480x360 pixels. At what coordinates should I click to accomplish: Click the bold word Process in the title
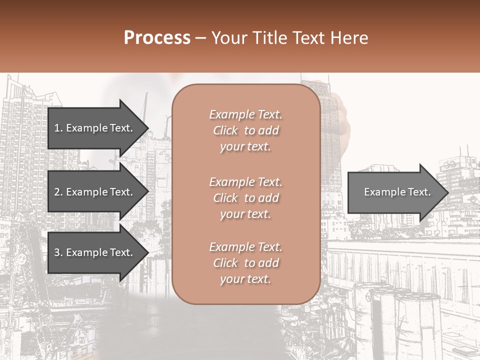point(157,38)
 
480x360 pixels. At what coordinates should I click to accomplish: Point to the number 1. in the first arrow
point(58,128)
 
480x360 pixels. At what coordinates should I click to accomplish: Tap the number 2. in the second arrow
point(58,192)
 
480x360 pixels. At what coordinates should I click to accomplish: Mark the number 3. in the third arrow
point(58,252)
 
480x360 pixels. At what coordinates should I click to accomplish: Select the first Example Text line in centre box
point(245,114)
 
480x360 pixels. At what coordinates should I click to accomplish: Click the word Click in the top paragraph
point(225,130)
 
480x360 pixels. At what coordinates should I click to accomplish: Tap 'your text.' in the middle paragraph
point(245,214)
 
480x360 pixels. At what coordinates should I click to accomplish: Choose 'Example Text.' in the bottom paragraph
point(245,247)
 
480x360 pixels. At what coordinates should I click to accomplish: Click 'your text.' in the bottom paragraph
point(245,279)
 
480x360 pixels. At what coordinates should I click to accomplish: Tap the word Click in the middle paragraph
point(225,198)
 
